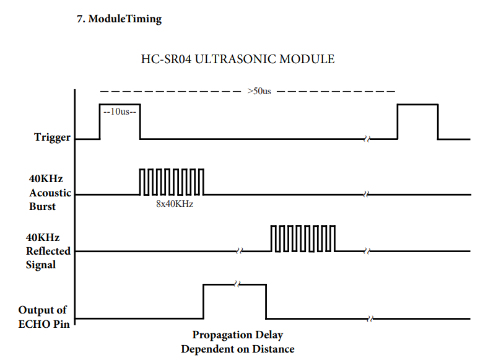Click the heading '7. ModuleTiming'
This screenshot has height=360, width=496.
119,19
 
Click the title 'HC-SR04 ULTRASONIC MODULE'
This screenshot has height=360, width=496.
238,59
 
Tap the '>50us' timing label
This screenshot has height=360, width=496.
259,91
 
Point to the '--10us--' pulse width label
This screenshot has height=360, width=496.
120,113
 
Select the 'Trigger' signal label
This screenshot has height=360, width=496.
52,138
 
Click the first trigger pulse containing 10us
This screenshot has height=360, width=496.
120,121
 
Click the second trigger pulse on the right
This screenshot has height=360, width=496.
417,121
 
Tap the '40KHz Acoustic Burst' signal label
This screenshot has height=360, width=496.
50,193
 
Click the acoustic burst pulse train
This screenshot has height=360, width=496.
172,182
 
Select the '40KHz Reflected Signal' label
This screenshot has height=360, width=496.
48,251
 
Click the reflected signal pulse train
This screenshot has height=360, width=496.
303,239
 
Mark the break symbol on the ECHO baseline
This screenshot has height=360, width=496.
370,319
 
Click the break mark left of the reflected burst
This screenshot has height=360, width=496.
238,252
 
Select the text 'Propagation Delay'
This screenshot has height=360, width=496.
237,335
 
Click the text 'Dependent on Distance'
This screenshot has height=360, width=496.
237,349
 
